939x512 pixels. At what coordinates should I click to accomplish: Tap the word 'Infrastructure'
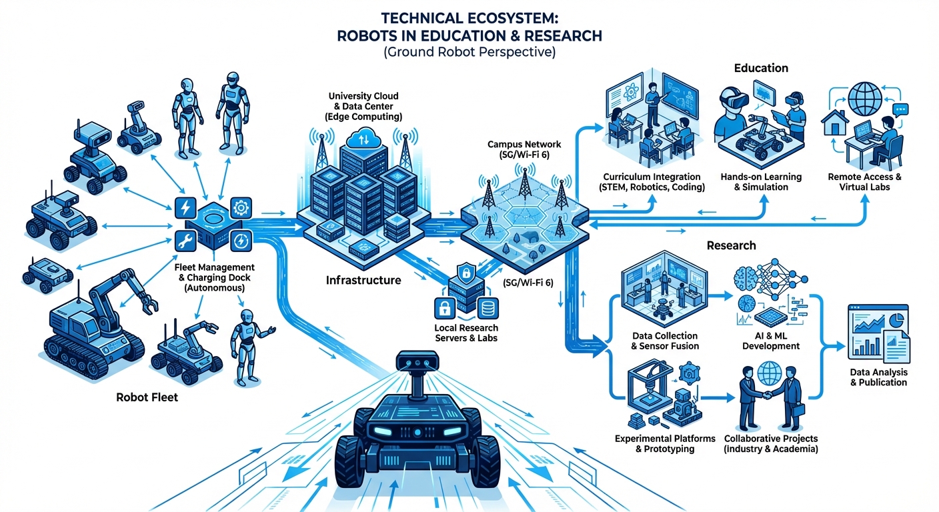363,280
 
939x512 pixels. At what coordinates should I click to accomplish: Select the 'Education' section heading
761,68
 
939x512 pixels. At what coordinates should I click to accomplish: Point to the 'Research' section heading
731,245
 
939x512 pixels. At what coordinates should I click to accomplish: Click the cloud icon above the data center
366,139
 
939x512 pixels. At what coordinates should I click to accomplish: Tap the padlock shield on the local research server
465,273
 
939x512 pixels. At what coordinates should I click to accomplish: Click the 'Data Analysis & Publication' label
878,377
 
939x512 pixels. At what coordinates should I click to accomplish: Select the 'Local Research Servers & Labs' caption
466,333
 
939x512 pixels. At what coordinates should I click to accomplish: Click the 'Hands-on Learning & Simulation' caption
761,182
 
